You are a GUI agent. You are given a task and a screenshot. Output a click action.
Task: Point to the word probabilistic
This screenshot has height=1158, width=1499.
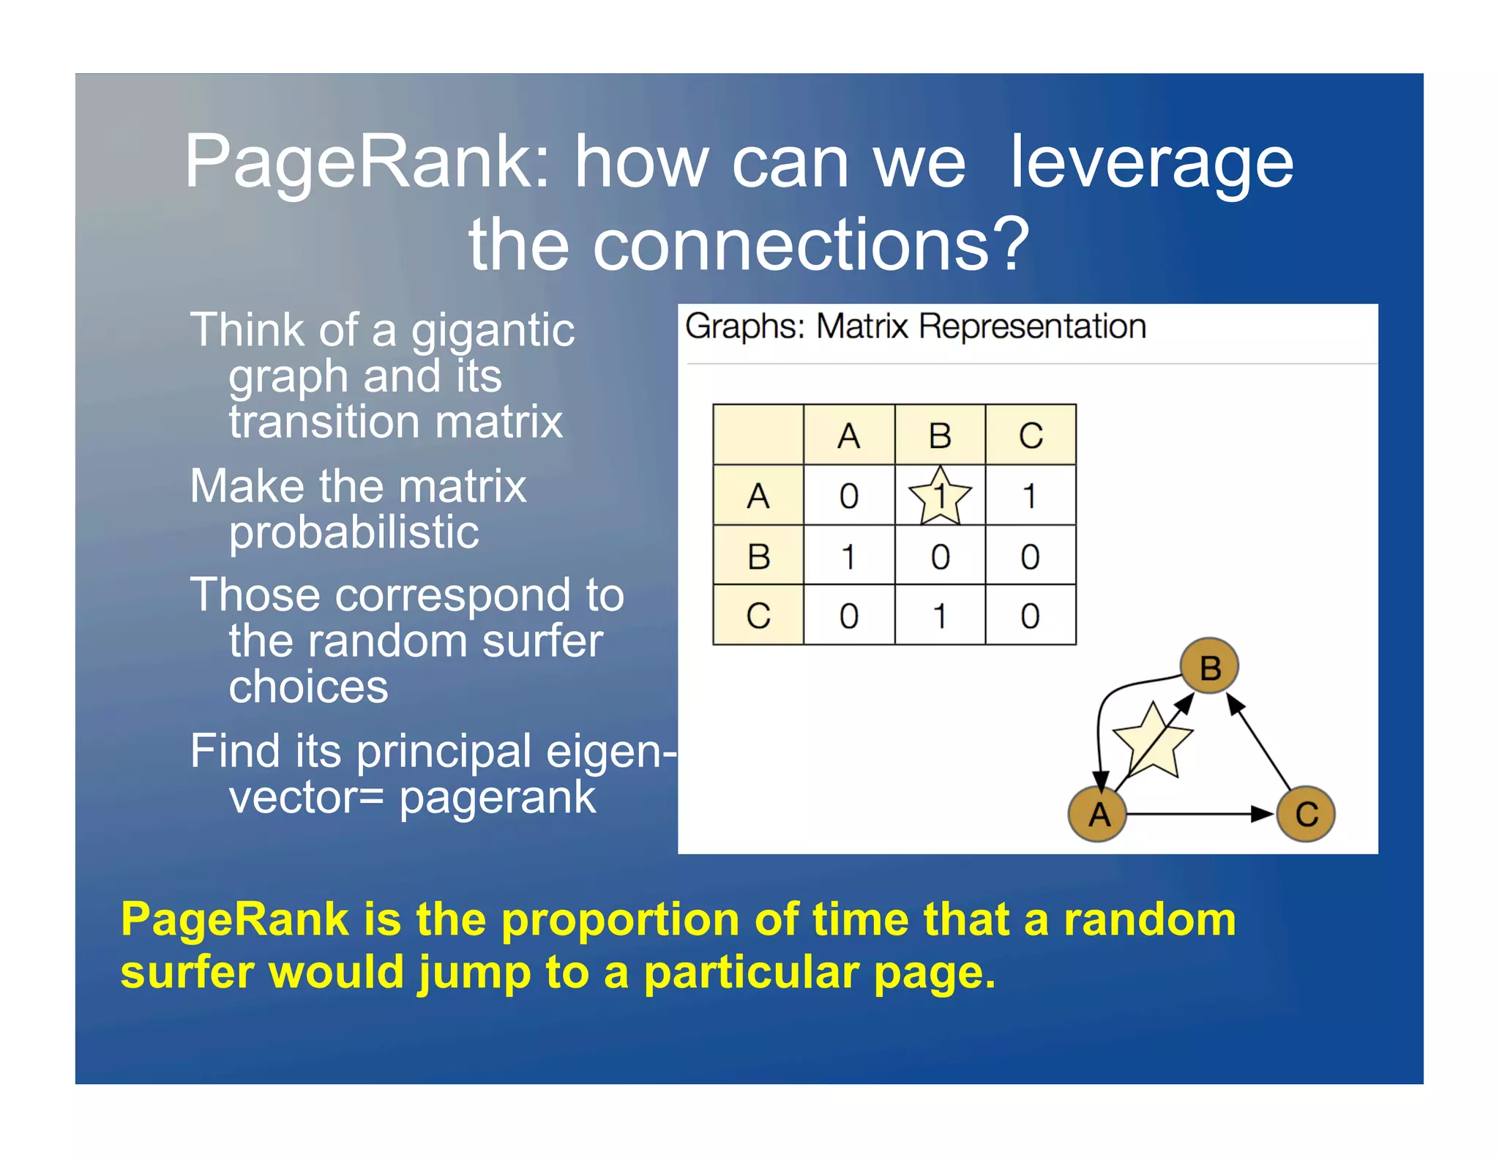point(354,532)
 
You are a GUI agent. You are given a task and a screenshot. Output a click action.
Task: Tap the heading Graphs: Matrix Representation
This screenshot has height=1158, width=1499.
point(915,326)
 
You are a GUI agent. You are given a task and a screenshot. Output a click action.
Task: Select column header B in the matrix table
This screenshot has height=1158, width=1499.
point(940,436)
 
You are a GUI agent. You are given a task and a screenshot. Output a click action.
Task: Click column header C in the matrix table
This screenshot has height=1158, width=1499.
point(1031,436)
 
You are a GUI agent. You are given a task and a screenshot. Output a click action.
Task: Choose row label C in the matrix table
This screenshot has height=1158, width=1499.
point(758,616)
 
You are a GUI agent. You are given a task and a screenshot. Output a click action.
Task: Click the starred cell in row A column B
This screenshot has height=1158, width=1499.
point(940,496)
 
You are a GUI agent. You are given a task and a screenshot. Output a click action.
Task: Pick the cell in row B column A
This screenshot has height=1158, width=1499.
point(849,556)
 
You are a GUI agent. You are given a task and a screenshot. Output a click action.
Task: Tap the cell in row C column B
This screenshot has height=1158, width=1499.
point(940,616)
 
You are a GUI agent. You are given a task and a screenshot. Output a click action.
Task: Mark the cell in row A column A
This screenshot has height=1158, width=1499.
point(849,496)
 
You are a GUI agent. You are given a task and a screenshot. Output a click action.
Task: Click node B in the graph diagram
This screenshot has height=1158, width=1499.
point(1210,666)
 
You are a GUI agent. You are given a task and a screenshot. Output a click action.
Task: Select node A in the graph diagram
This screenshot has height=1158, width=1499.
point(1099,814)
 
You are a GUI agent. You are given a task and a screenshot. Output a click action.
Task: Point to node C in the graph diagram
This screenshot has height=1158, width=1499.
point(1307,814)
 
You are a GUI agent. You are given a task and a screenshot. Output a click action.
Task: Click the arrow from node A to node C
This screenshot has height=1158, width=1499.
point(1200,814)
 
